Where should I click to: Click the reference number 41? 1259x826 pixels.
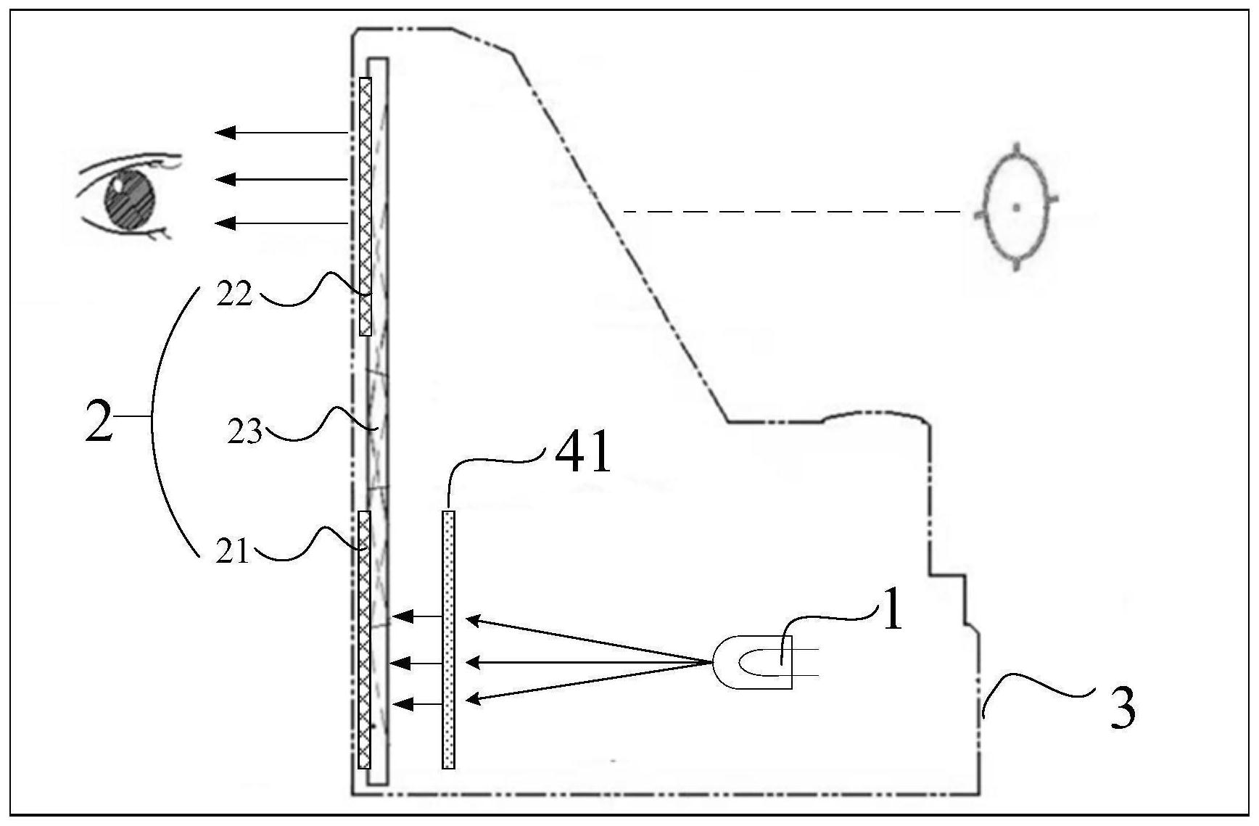[582, 454]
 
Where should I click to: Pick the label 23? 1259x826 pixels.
[244, 434]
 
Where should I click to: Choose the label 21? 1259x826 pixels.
[232, 553]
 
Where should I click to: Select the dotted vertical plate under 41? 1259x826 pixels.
[449, 640]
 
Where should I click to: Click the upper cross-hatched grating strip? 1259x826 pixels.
[366, 207]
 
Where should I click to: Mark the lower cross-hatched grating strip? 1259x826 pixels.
[364, 640]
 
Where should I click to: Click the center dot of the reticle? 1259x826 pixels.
[1017, 207]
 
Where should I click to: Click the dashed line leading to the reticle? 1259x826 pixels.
[798, 212]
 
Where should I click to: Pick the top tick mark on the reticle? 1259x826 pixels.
[1017, 148]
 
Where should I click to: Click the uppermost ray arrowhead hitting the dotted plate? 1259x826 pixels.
[473, 621]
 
